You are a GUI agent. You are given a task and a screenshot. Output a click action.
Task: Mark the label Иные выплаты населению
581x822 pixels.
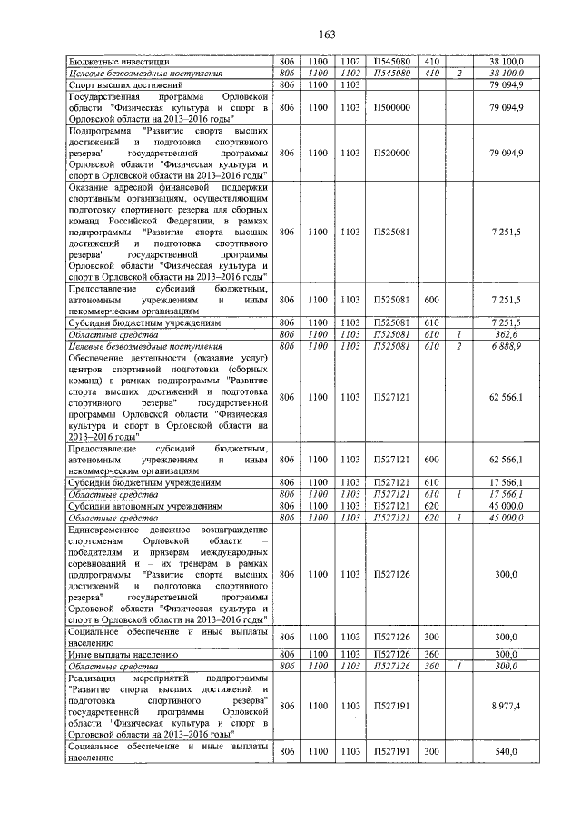pyautogui.click(x=118, y=654)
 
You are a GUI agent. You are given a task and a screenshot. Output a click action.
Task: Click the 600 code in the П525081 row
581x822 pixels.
pyautogui.click(x=431, y=299)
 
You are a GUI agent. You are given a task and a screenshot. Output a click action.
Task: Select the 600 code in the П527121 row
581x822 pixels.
pyautogui.click(x=431, y=460)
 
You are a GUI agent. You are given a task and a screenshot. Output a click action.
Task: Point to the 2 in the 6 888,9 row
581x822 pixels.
pyautogui.click(x=461, y=346)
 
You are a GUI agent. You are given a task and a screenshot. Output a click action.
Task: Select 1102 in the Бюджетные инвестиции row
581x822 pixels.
pyautogui.click(x=350, y=62)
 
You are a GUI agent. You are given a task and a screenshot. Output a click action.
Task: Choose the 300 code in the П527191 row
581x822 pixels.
pyautogui.click(x=431, y=752)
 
